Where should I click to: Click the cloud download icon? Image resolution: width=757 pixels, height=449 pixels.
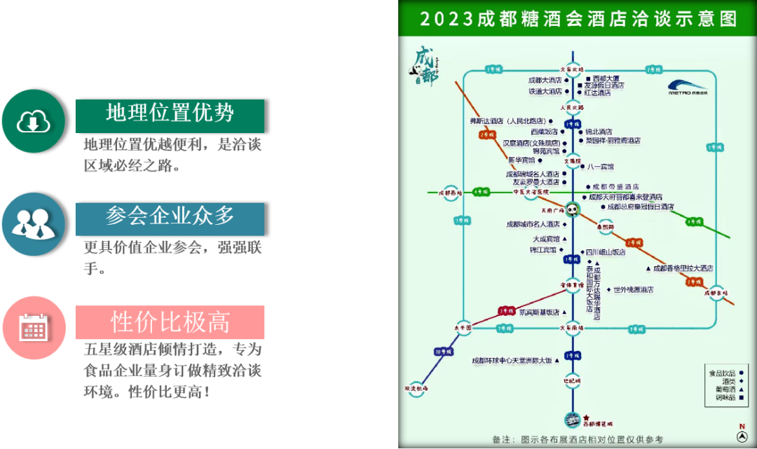click(x=33, y=121)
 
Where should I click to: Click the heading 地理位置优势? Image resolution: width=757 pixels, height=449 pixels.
click(x=170, y=113)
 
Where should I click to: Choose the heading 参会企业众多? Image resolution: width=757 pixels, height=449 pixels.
click(x=170, y=216)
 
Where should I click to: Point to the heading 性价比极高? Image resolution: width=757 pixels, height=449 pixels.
click(x=170, y=322)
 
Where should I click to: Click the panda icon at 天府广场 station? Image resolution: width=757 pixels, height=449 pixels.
click(x=573, y=209)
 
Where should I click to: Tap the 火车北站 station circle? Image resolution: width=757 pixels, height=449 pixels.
click(x=572, y=69)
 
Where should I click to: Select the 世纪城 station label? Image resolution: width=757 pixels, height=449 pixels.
click(x=572, y=380)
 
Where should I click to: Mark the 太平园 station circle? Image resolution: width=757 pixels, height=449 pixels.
click(x=463, y=327)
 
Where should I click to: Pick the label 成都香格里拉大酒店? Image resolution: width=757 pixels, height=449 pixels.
click(x=683, y=268)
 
